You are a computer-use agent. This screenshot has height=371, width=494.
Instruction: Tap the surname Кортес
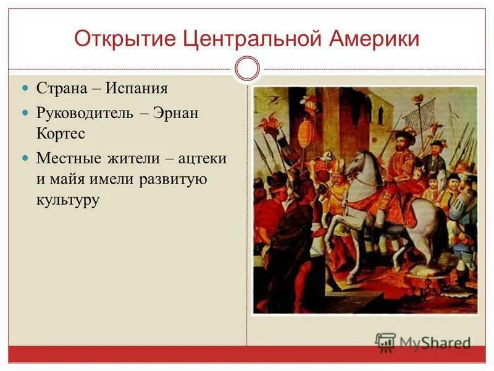click(61, 133)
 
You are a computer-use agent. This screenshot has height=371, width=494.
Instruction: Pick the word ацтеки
click(203, 158)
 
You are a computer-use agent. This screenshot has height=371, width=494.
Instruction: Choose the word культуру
click(68, 200)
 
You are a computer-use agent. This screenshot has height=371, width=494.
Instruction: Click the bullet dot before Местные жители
click(25, 158)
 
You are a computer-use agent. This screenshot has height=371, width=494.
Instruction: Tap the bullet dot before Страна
click(25, 88)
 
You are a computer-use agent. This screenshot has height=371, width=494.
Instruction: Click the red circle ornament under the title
click(248, 69)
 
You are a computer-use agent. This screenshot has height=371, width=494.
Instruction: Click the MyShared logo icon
click(386, 342)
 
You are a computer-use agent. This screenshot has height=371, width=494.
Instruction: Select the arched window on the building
click(380, 115)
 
